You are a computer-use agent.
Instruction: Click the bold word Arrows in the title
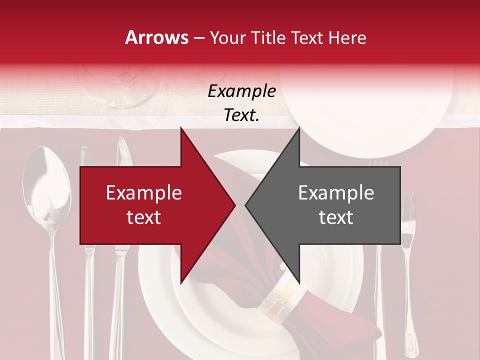(x=156, y=37)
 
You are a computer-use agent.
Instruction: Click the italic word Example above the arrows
(x=241, y=91)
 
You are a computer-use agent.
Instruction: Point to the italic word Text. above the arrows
(x=241, y=115)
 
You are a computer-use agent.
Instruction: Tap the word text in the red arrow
(x=143, y=217)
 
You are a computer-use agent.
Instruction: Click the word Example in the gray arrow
(x=336, y=193)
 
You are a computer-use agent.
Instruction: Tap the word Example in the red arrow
(x=143, y=193)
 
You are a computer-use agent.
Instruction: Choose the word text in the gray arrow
(x=336, y=217)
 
